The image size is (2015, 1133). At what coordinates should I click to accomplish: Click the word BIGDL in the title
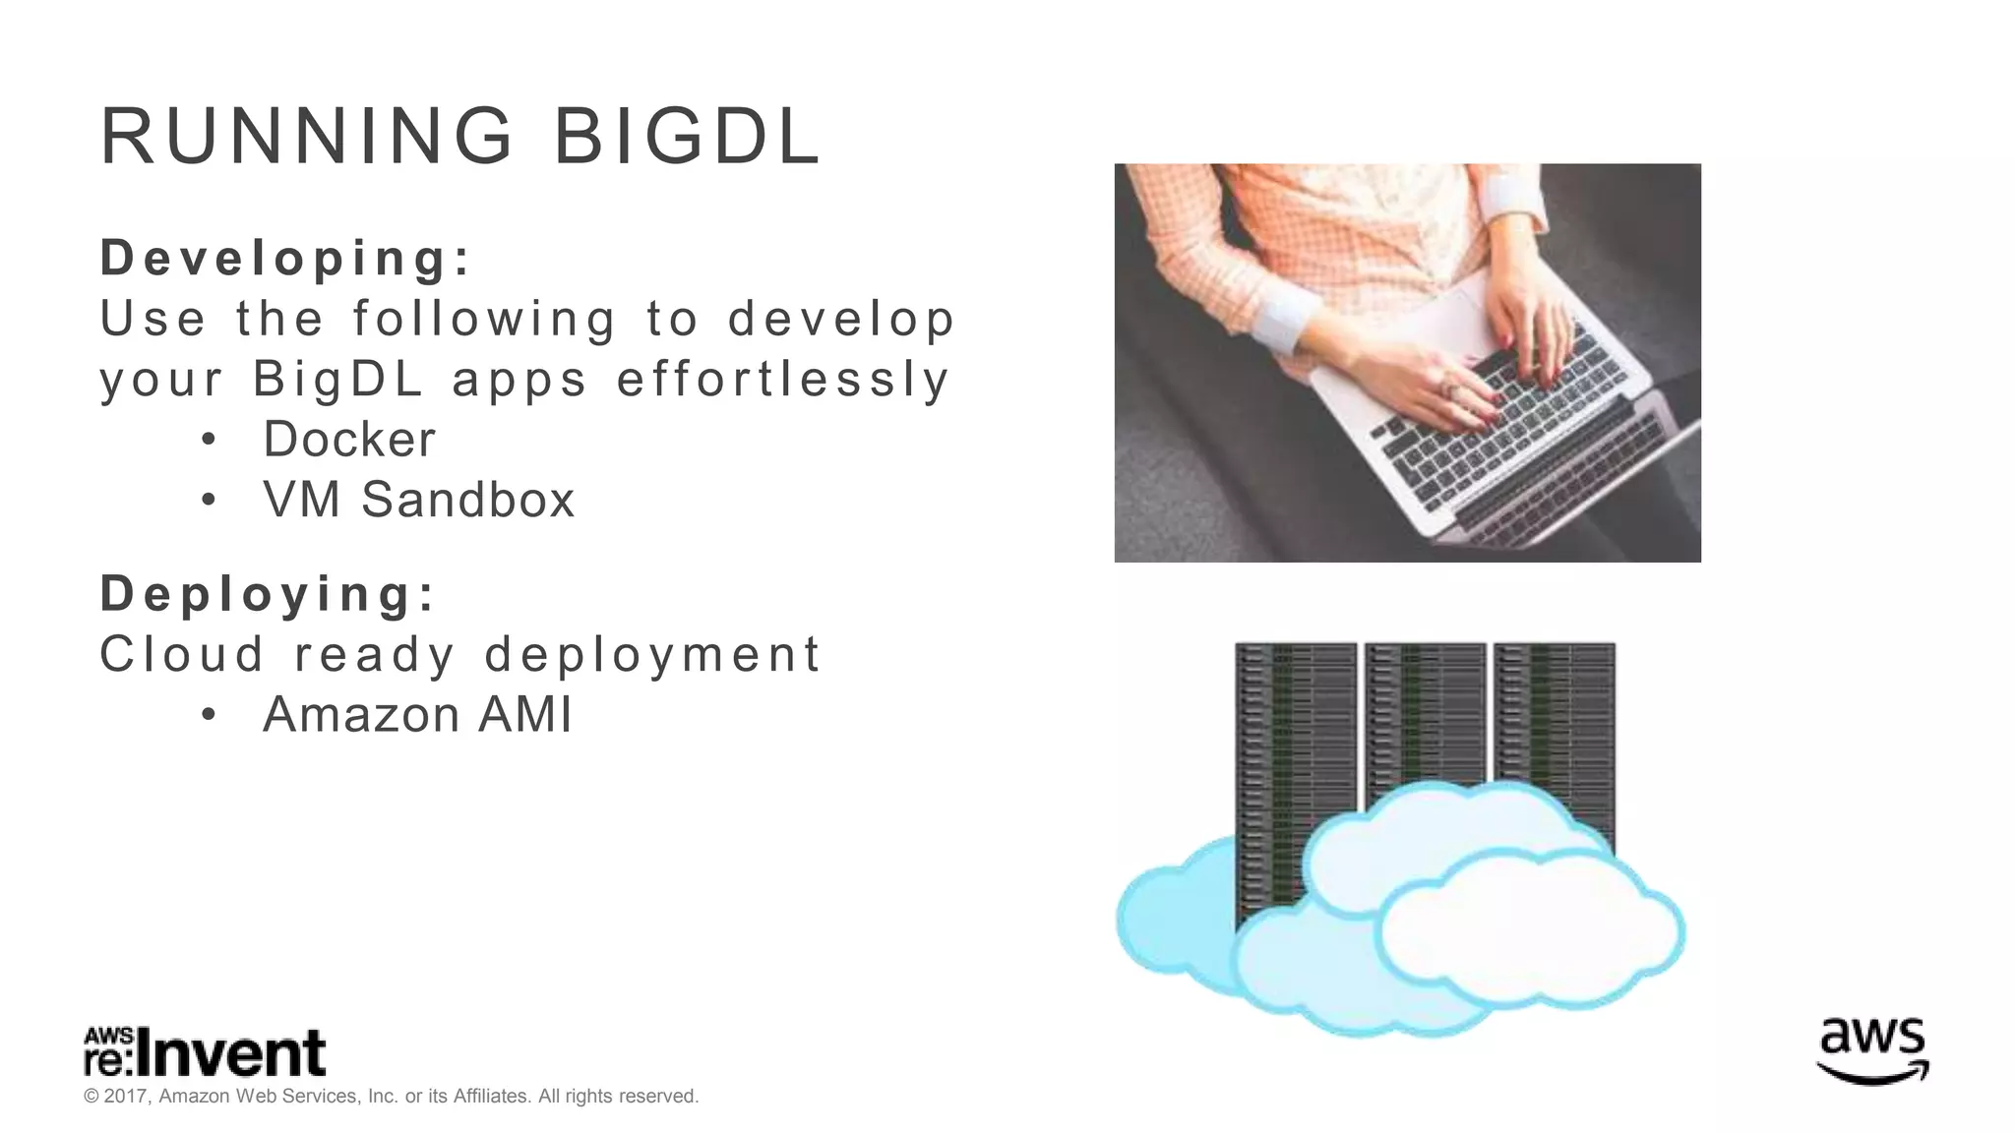687,137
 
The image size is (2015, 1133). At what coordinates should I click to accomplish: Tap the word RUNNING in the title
307,137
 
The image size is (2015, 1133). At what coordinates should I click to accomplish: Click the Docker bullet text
348,440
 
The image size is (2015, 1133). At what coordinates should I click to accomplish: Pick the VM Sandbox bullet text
418,500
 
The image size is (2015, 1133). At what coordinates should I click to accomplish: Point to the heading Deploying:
268,594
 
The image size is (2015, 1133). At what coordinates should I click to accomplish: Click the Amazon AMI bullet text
417,715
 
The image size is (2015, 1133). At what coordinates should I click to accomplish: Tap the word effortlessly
783,380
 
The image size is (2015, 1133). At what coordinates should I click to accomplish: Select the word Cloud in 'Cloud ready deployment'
183,654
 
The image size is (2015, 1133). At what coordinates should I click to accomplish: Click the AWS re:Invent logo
205,1053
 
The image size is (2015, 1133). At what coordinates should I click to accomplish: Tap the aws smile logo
1872,1051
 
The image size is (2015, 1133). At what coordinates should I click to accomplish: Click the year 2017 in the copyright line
125,1097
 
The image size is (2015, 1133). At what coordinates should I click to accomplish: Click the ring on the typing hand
1447,389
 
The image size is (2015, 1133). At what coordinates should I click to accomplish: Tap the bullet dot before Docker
208,441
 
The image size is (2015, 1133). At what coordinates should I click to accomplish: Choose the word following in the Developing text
484,320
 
